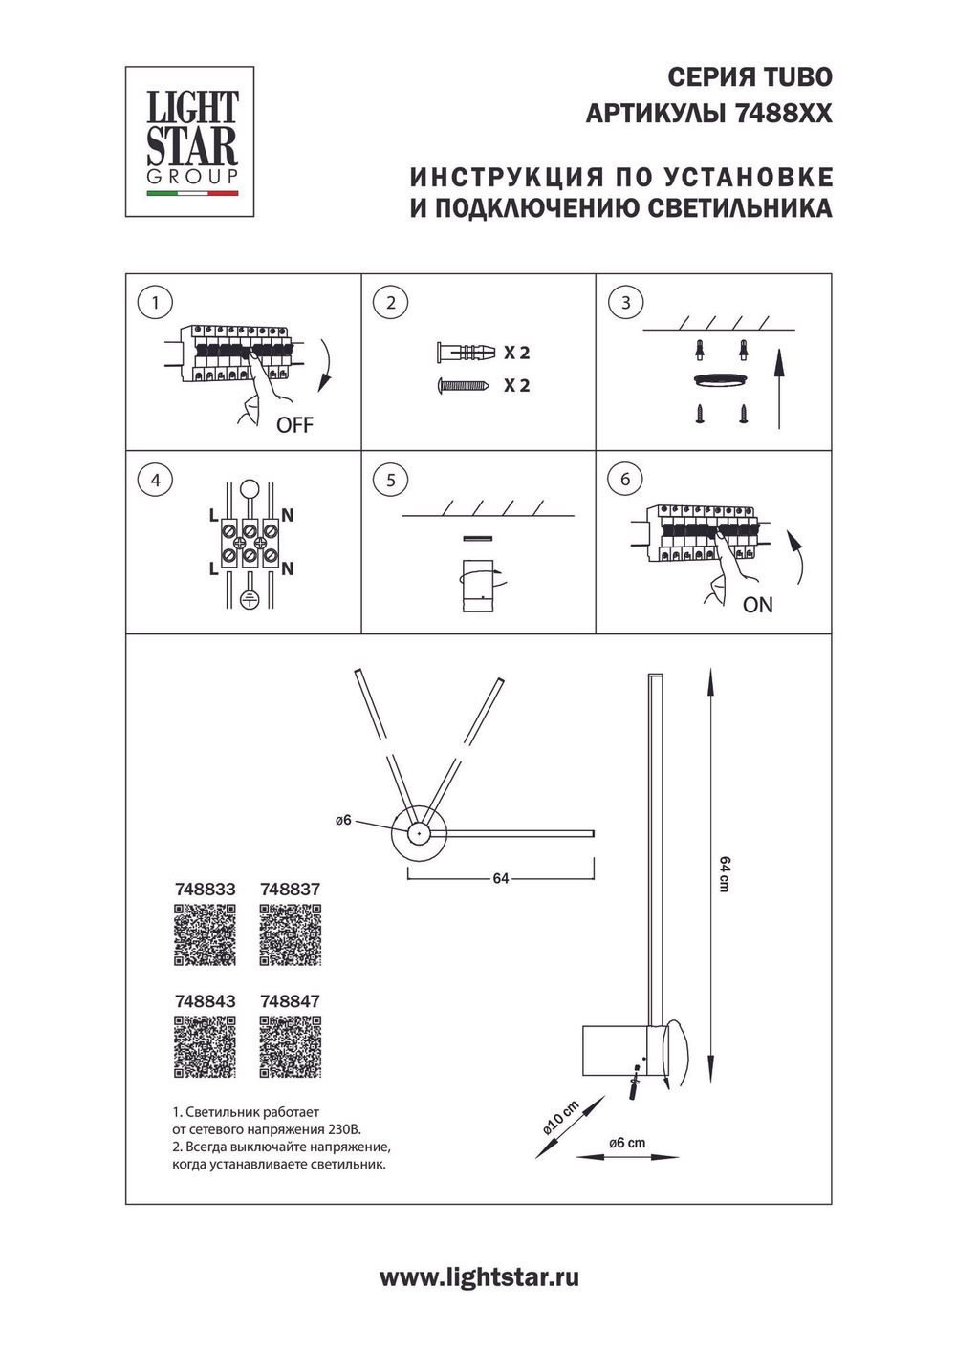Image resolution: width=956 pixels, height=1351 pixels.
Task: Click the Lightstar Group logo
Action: pyautogui.click(x=190, y=140)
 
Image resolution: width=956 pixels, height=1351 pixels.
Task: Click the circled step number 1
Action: pyautogui.click(x=155, y=304)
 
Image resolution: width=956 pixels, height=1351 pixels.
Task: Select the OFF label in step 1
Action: pyautogui.click(x=294, y=425)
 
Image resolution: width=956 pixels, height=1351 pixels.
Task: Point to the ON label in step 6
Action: pyautogui.click(x=757, y=605)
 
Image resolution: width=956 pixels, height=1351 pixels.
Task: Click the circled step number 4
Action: pyautogui.click(x=155, y=480)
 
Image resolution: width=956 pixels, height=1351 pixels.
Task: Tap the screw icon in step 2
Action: pyautogui.click(x=464, y=386)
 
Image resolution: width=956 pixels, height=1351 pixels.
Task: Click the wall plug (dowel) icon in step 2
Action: pyautogui.click(x=466, y=353)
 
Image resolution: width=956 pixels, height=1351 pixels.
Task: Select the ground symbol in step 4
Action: pyautogui.click(x=249, y=600)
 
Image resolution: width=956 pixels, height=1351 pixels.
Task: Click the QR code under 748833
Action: pyautogui.click(x=205, y=934)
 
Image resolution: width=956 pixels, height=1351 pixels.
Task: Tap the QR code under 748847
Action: pyautogui.click(x=290, y=1046)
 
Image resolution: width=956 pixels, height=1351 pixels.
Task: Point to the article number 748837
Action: pyautogui.click(x=290, y=890)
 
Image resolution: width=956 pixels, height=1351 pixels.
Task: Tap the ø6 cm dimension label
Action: pyautogui.click(x=627, y=1143)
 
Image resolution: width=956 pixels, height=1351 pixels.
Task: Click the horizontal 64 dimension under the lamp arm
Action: pyautogui.click(x=501, y=878)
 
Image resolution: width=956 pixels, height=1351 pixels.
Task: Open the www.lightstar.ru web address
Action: pyautogui.click(x=479, y=1277)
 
